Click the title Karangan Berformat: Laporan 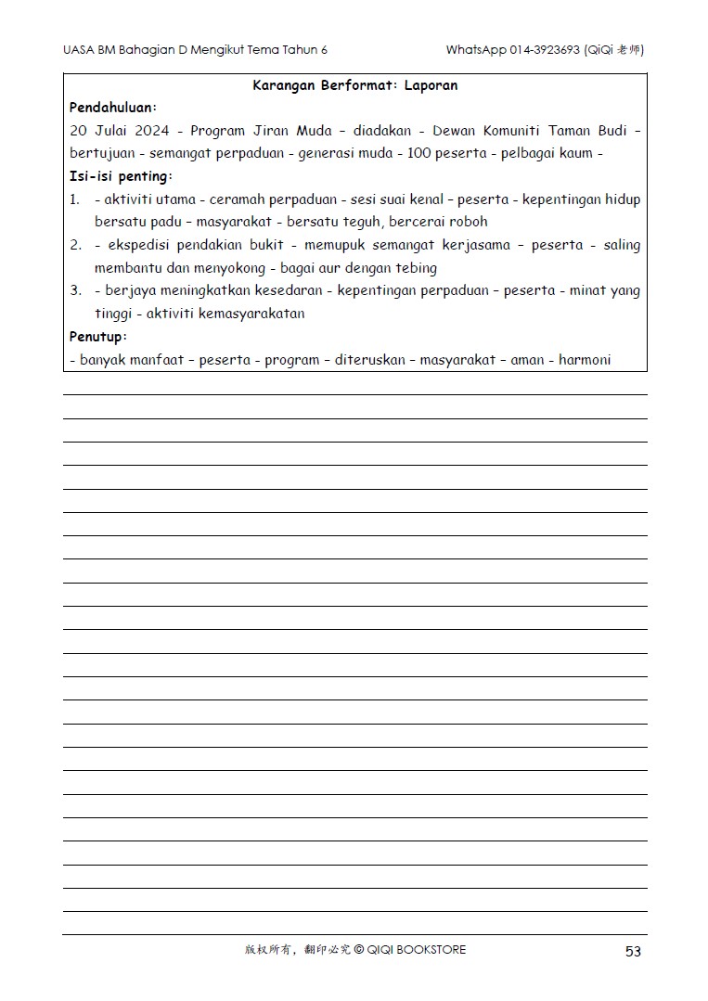tap(354, 85)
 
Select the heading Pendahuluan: tap(113, 108)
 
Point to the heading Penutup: tap(98, 336)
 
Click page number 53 tap(633, 951)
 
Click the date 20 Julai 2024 tap(120, 131)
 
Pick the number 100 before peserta tap(421, 153)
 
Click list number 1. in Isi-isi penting tap(75, 199)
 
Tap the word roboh tap(470, 222)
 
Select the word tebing tap(417, 268)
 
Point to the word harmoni tap(585, 359)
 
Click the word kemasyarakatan tap(251, 314)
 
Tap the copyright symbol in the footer tap(359, 950)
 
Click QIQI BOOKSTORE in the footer tap(417, 950)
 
